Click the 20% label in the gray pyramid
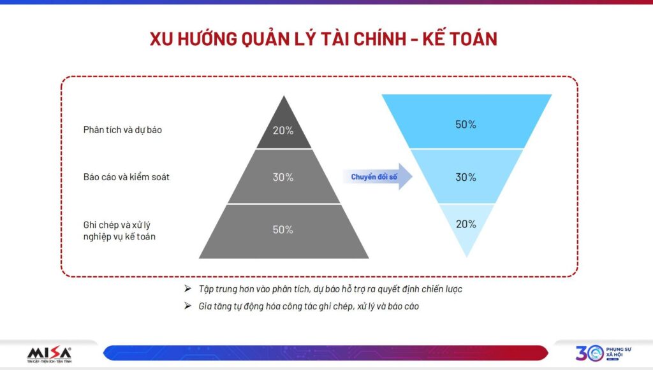pyautogui.click(x=283, y=131)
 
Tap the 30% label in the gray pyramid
pyautogui.click(x=283, y=177)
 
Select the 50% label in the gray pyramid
pyautogui.click(x=282, y=229)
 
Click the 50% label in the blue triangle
pyautogui.click(x=466, y=124)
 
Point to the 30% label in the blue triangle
pyautogui.click(x=466, y=177)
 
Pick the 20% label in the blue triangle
pyautogui.click(x=466, y=224)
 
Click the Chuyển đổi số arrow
pyautogui.click(x=378, y=176)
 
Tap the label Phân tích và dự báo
pyautogui.click(x=122, y=130)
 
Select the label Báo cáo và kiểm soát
pyautogui.click(x=126, y=177)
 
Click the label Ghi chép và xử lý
pyautogui.click(x=117, y=225)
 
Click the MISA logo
pyautogui.click(x=49, y=355)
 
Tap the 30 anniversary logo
pyautogui.click(x=590, y=353)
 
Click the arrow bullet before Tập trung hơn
pyautogui.click(x=188, y=288)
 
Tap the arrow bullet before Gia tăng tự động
pyautogui.click(x=188, y=306)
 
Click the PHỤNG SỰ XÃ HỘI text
pyautogui.click(x=619, y=352)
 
